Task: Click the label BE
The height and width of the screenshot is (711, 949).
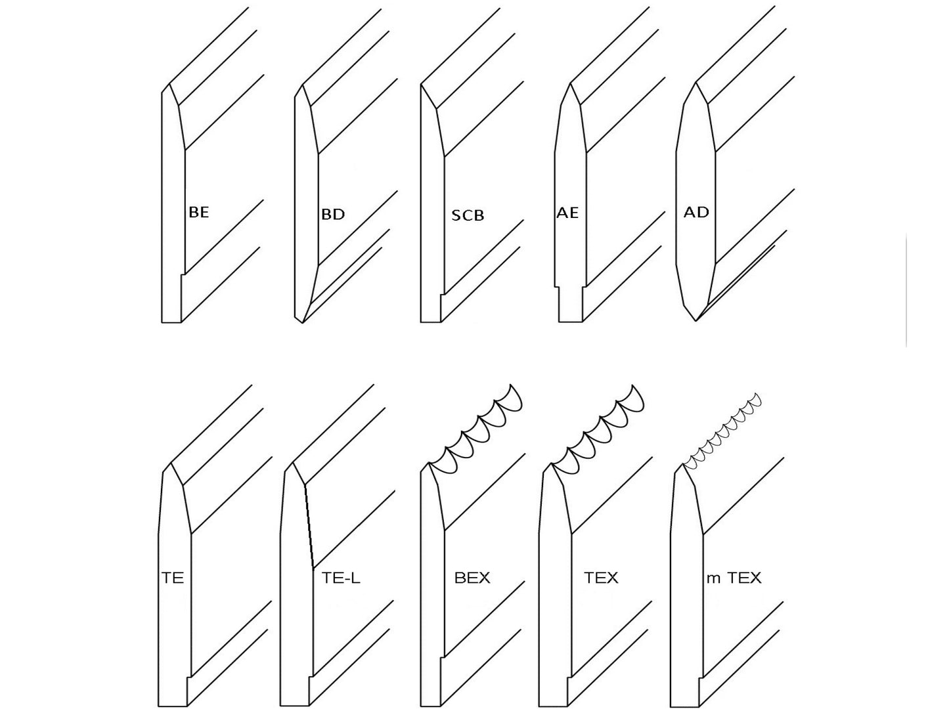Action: pyautogui.click(x=198, y=213)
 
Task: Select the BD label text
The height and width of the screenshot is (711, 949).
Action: pyautogui.click(x=333, y=215)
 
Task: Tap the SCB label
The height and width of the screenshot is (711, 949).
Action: pyautogui.click(x=468, y=215)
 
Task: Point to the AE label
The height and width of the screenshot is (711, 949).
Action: pyautogui.click(x=567, y=213)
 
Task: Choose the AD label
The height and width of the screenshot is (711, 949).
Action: pyautogui.click(x=696, y=213)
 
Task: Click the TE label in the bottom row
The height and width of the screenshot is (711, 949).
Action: pyautogui.click(x=172, y=578)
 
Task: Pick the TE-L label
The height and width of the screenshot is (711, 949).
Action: pyautogui.click(x=342, y=578)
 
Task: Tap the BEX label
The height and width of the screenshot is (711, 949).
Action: pyautogui.click(x=472, y=578)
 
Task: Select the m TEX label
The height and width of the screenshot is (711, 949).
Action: pyautogui.click(x=734, y=578)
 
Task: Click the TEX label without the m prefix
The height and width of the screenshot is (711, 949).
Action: pyautogui.click(x=601, y=578)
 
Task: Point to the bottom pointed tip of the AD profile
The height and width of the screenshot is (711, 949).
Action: pyautogui.click(x=695, y=320)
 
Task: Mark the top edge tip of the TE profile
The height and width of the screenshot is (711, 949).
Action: pyautogui.click(x=171, y=463)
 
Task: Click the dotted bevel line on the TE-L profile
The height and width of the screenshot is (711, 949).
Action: pyautogui.click(x=309, y=525)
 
